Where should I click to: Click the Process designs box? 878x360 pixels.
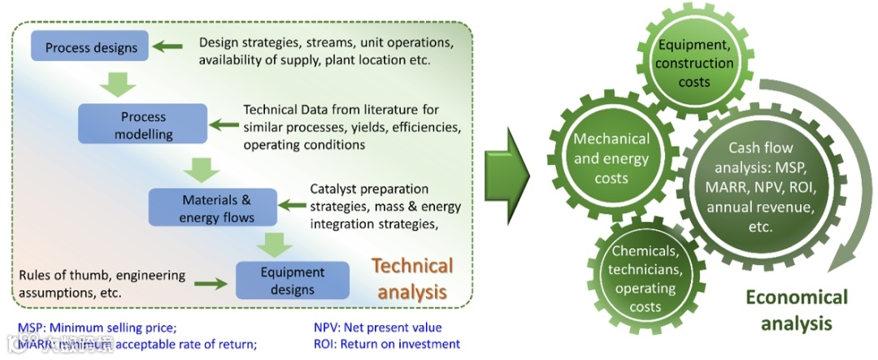pos(91,47)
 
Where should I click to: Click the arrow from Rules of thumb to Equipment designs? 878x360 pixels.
pos(211,283)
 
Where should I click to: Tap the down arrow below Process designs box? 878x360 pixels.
pos(117,82)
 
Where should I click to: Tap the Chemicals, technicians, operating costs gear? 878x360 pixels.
pos(644,277)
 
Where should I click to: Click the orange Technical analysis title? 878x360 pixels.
pos(412,279)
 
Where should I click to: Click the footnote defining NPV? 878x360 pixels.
pos(377,328)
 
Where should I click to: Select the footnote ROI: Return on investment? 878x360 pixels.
pos(387,344)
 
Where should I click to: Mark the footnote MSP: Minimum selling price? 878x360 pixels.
pos(97,328)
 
